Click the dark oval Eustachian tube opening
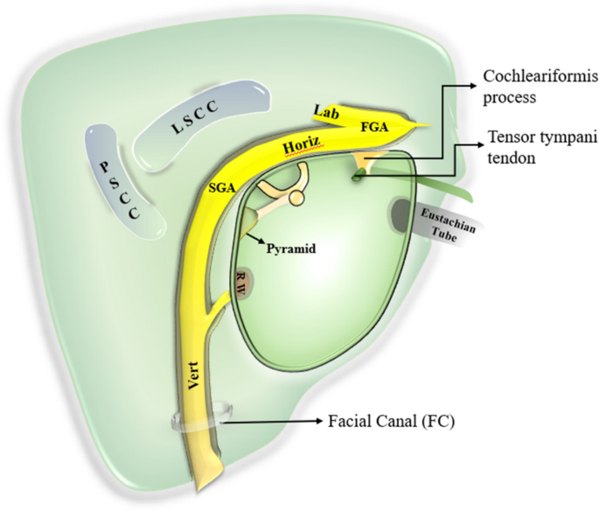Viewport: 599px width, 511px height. click(402, 214)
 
